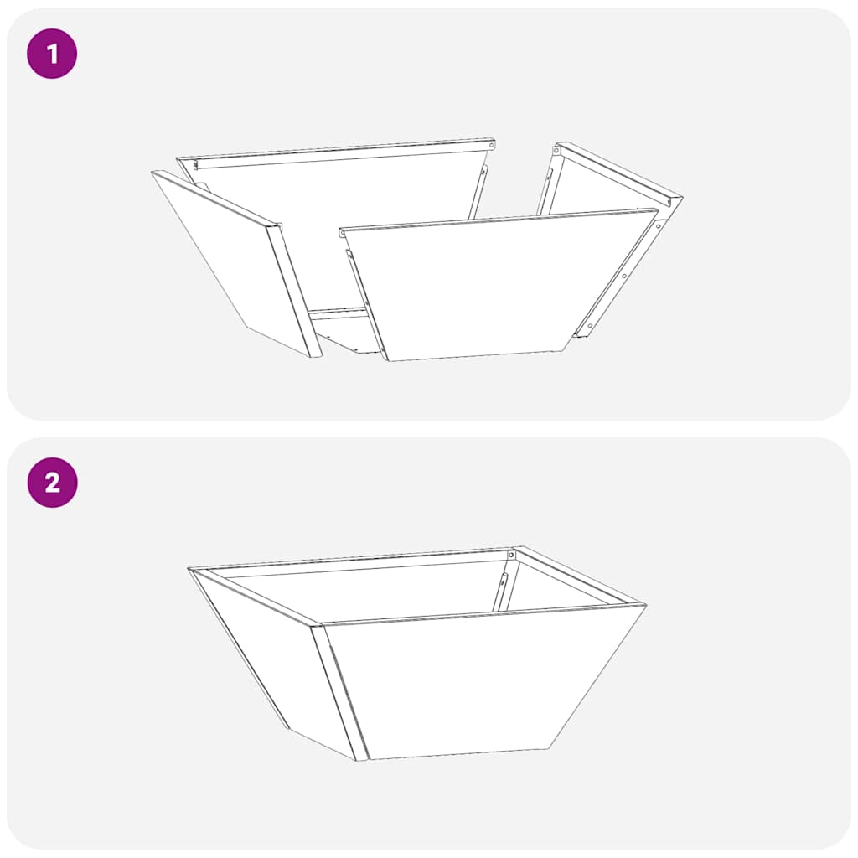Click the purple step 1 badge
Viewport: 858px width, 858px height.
coord(52,54)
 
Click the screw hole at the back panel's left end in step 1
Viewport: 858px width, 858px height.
coord(196,166)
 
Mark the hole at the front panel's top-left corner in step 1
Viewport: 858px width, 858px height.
coord(343,232)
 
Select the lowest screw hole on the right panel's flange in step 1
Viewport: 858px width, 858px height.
coord(590,325)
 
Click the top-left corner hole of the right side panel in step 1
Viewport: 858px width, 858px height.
coord(559,152)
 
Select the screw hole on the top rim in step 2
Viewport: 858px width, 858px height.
coord(511,555)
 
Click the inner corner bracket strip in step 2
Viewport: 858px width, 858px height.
coord(501,587)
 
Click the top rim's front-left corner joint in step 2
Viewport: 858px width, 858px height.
coord(317,624)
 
